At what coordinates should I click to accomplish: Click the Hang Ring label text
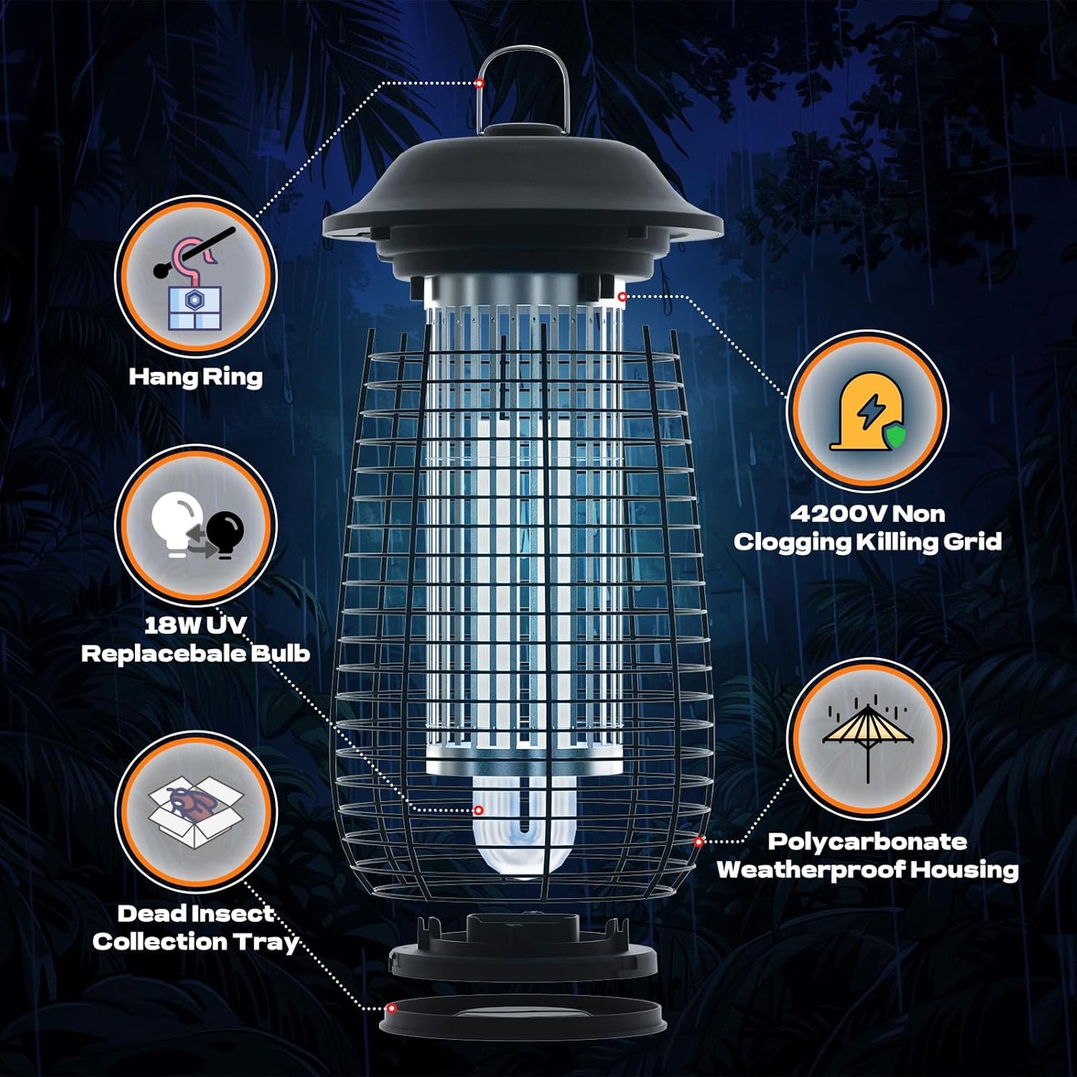(x=195, y=377)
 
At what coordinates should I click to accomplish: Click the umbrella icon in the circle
(x=868, y=738)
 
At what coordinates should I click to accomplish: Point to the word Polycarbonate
(x=867, y=841)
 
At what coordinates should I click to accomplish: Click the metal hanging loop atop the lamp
(x=523, y=82)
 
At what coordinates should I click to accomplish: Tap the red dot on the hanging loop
(x=479, y=83)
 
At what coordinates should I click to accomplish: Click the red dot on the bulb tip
(x=479, y=810)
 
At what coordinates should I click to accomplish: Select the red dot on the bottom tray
(x=391, y=1008)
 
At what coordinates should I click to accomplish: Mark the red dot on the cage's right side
(x=698, y=841)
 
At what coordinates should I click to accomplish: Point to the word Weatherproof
(x=810, y=870)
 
